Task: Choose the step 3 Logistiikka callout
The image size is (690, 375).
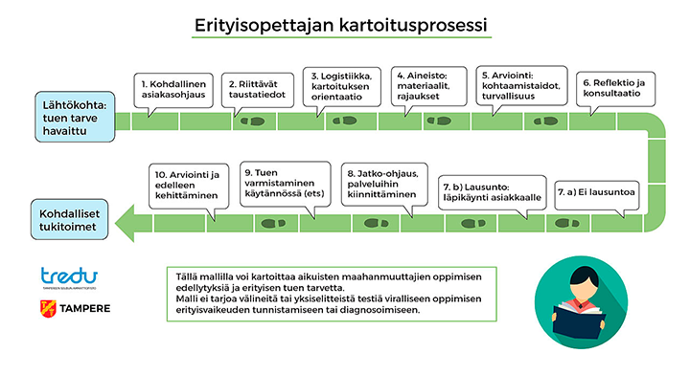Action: tap(343, 84)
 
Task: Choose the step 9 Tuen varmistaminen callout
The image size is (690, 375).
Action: tap(281, 182)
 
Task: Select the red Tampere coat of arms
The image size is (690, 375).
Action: tap(46, 309)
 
